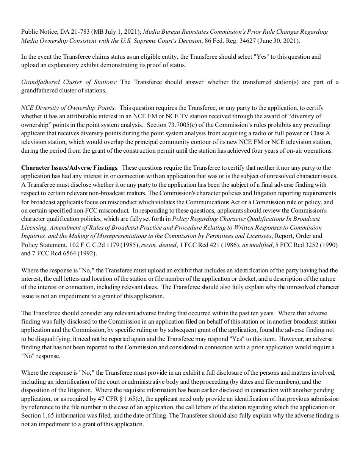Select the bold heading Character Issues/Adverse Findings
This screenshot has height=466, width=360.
pyautogui.click(x=69, y=167)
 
